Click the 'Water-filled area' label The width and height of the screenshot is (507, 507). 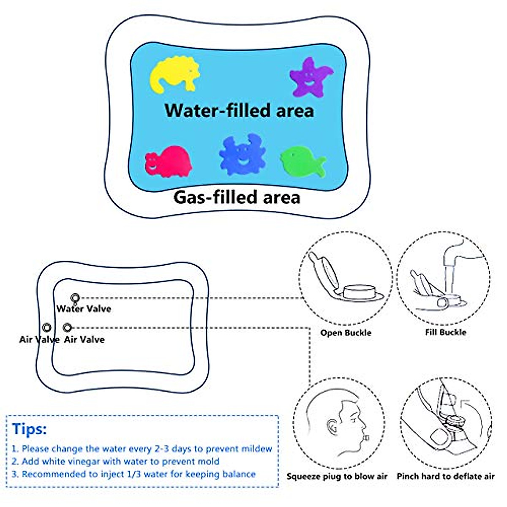[239, 110]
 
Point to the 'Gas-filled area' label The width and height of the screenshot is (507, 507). [237, 197]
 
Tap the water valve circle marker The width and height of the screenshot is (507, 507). [75, 297]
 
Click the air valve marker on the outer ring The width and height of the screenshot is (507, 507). [47, 327]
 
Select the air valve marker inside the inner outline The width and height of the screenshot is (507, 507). [67, 327]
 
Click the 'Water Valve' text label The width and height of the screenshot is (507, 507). [84, 309]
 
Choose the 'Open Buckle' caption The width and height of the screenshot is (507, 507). [346, 333]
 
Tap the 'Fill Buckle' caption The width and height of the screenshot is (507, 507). [445, 332]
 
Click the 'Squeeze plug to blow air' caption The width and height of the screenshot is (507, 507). [337, 477]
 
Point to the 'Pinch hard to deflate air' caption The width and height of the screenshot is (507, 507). [445, 477]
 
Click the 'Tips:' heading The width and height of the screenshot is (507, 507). [29, 429]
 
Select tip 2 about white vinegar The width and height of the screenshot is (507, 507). [115, 461]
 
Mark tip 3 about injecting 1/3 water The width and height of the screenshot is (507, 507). [134, 474]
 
